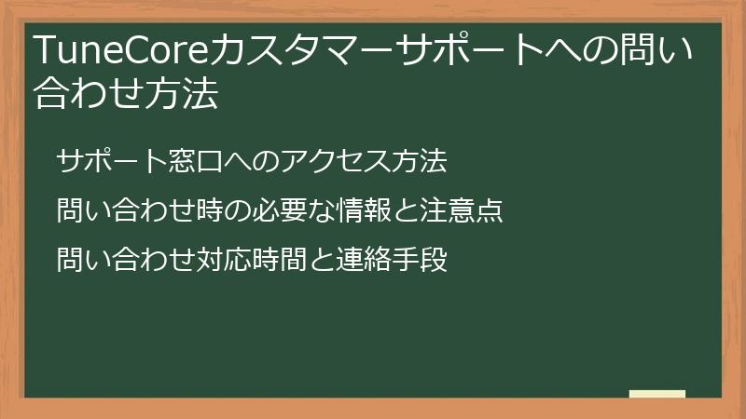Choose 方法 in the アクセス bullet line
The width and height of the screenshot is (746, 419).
420,161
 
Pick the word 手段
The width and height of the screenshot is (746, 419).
420,259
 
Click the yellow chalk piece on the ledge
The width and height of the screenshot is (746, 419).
657,394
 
